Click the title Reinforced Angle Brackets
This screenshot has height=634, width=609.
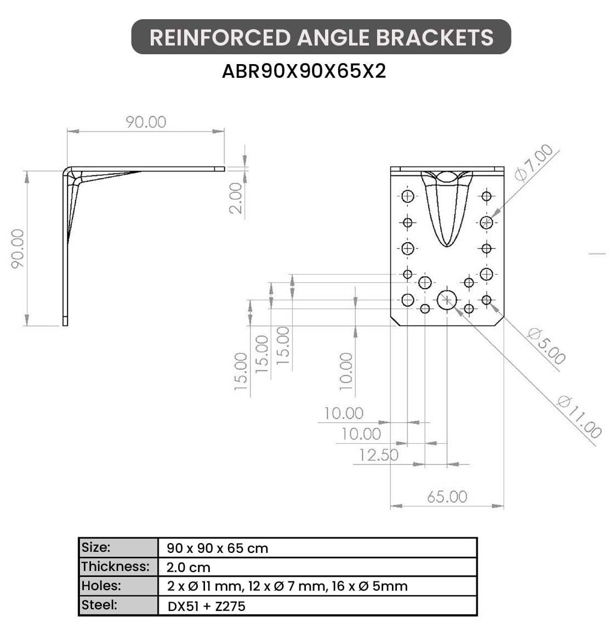pos(321,37)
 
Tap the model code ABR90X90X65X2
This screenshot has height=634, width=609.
pos(304,71)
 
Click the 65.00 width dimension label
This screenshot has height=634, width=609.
pos(447,496)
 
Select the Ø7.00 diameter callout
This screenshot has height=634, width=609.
pos(534,163)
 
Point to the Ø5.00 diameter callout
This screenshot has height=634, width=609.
pos(547,346)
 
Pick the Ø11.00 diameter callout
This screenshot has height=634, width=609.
pos(579,417)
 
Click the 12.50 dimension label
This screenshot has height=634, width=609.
pos(379,455)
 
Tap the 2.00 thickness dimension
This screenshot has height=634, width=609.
pos(235,198)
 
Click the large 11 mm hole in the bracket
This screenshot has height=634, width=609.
pos(447,300)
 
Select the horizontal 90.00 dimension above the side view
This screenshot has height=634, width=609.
pos(146,122)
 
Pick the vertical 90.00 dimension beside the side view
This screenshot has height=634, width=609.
pos(18,249)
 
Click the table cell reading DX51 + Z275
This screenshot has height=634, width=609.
pos(207,606)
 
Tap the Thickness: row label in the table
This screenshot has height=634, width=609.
pos(116,567)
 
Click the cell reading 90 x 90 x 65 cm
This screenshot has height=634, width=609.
pos(218,549)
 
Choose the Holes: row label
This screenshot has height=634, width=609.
pos(101,585)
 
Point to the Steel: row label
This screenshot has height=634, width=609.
pos(99,605)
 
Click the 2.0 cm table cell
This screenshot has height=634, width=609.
pos(189,567)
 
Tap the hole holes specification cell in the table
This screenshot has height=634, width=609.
pos(287,586)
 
